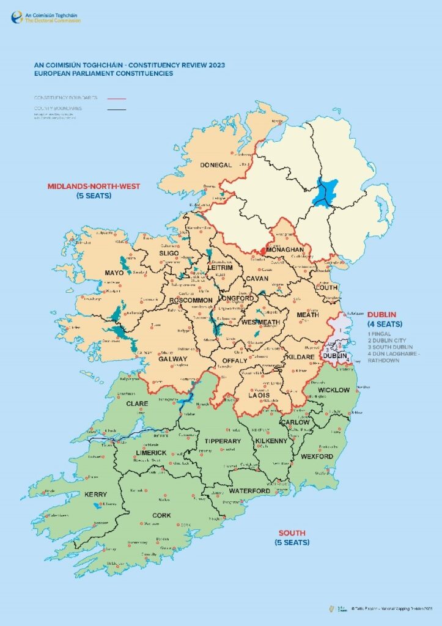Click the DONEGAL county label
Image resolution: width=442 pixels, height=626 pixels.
tap(216, 165)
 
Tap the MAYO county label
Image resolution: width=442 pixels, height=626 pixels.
tap(114, 273)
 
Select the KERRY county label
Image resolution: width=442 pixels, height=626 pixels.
tap(95, 494)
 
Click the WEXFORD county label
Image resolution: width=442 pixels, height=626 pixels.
tap(317, 456)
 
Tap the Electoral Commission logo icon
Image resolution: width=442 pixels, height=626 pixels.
tap(16, 17)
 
